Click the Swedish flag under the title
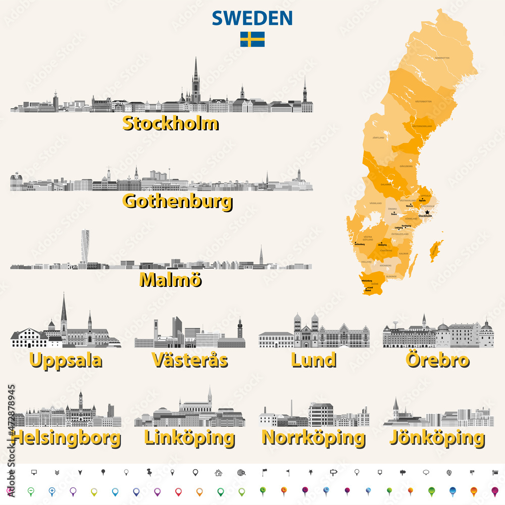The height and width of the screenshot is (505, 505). pyautogui.click(x=252, y=39)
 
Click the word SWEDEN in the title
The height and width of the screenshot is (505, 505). pyautogui.click(x=252, y=18)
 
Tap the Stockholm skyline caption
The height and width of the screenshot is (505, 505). pyautogui.click(x=171, y=123)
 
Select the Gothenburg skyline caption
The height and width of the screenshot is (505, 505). pyautogui.click(x=178, y=201)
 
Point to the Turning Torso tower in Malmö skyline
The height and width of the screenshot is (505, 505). pyautogui.click(x=85, y=246)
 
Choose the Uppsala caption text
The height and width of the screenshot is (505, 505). pyautogui.click(x=66, y=360)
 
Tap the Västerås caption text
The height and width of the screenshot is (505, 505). pyautogui.click(x=189, y=360)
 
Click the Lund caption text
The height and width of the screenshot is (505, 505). pyautogui.click(x=314, y=360)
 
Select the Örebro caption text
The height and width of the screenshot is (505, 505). pyautogui.click(x=437, y=360)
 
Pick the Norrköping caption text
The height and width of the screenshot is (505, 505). pyautogui.click(x=313, y=437)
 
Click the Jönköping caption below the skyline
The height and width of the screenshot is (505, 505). pyautogui.click(x=437, y=437)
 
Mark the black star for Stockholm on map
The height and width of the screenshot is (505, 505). pyautogui.click(x=427, y=213)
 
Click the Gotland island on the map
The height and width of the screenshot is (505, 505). pyautogui.click(x=435, y=251)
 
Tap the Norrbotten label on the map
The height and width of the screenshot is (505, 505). pyautogui.click(x=442, y=58)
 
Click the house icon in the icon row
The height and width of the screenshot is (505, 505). pyautogui.click(x=218, y=473)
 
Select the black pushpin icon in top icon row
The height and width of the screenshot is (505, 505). pyautogui.click(x=149, y=473)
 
